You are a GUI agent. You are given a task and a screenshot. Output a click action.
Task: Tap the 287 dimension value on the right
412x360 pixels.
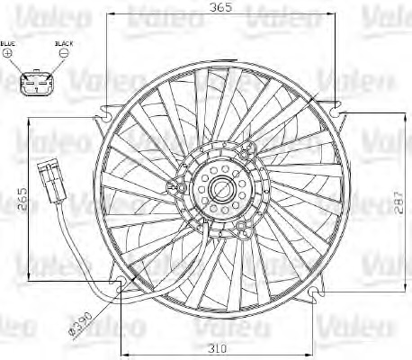pyautogui.click(x=398, y=206)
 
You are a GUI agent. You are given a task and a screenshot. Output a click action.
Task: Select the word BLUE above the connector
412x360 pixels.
pyautogui.click(x=8, y=42)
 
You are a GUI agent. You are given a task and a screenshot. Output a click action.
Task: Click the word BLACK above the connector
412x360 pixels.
pyautogui.click(x=64, y=42)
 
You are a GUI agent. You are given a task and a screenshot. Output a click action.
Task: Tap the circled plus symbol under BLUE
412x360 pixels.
pyautogui.click(x=9, y=54)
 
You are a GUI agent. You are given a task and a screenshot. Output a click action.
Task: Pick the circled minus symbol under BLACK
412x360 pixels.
pyautogui.click(x=64, y=54)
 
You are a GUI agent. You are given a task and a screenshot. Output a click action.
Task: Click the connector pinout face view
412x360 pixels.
pyautogui.click(x=36, y=85)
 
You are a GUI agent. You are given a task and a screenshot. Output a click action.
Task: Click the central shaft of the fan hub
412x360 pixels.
pyautogui.click(x=219, y=190)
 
